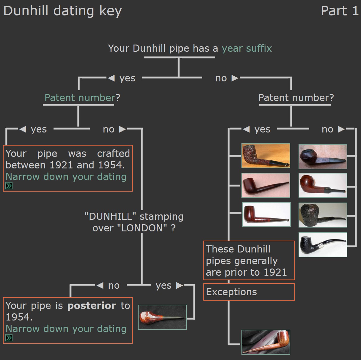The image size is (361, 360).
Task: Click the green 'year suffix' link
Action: click(247, 48)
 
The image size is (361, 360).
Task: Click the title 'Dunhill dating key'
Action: click(62, 11)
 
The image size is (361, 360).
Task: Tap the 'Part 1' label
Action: click(340, 11)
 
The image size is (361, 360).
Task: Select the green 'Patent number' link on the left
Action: click(80, 97)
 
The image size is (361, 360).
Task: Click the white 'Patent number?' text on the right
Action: click(296, 97)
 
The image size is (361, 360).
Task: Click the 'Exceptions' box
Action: click(249, 292)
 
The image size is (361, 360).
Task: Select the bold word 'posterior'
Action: click(92, 305)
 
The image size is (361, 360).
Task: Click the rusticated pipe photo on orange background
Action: click(266, 156)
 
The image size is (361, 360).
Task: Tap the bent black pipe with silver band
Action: click(323, 244)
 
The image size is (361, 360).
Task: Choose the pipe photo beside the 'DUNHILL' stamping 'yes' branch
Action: click(162, 317)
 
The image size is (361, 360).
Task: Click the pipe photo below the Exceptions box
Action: click(266, 342)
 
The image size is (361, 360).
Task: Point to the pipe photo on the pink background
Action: click(266, 185)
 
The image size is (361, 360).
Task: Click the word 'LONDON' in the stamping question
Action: click(142, 228)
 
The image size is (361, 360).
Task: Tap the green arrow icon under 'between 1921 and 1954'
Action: click(9, 186)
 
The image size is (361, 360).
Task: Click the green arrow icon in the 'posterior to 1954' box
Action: click(9, 338)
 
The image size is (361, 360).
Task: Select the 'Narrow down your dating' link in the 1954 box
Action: click(66, 329)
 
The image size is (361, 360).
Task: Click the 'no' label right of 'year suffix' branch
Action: click(221, 78)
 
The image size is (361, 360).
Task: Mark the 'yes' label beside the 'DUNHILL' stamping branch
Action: click(164, 285)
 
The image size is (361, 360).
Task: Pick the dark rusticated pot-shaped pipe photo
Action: click(323, 215)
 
